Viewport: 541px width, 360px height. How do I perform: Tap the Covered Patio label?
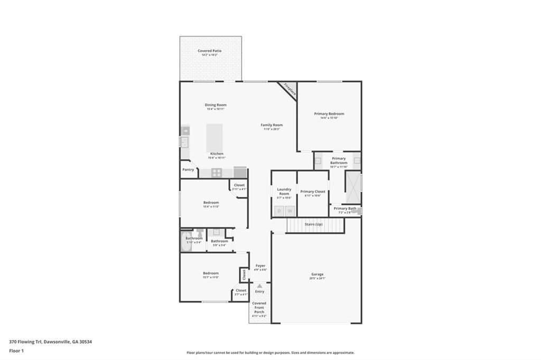pos(210,51)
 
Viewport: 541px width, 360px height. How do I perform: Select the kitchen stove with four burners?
pos(217,172)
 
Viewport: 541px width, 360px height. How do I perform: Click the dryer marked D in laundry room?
pos(279,211)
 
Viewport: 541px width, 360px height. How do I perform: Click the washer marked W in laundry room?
pos(290,211)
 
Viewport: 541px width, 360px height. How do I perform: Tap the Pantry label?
pos(188,169)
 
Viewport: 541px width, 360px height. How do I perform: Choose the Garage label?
pos(317,274)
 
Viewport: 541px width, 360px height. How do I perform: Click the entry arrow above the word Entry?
pos(259,286)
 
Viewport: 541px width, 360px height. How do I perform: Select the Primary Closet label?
pos(313,191)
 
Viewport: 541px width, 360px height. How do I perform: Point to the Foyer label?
pos(260,266)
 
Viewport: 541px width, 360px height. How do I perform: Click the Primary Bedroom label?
pos(329,113)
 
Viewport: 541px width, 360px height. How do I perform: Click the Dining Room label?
pos(216,105)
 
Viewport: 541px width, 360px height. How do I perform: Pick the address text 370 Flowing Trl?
pos(26,342)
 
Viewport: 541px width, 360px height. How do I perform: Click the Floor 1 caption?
pos(17,350)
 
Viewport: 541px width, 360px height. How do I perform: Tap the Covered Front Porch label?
pos(259,307)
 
